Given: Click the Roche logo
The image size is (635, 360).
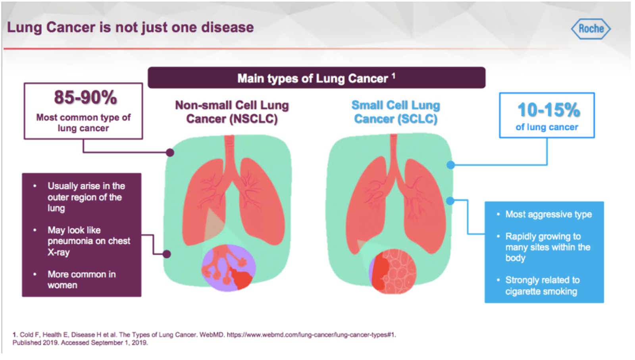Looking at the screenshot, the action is point(591,29).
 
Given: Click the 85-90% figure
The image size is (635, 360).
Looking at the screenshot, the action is point(85,97).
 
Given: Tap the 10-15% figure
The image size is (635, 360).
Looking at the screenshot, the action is point(549,110).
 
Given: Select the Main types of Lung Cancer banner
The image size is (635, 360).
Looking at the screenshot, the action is point(316,78).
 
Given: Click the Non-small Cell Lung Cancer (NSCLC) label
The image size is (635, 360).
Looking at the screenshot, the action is point(232,112).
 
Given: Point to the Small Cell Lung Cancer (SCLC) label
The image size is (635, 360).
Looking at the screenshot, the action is point(396,112).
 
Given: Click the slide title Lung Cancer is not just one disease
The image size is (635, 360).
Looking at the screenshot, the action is point(131,27).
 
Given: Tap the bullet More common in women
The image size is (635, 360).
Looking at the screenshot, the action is point(82,279).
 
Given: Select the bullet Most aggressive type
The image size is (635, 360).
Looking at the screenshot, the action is point(548,214).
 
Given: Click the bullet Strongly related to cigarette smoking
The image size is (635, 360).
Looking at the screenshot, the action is point(542,286).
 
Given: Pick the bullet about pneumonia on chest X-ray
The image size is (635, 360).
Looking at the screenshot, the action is point(89,241).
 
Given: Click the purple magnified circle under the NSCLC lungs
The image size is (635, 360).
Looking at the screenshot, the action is point(229,268).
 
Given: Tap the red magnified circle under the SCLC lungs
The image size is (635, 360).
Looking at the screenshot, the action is point(393,271).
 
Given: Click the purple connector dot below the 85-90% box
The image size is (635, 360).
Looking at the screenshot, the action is point(170,152).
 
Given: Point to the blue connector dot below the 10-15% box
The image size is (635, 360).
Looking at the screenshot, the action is point(451,165).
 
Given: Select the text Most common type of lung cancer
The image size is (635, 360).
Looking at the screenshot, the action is point(83,123).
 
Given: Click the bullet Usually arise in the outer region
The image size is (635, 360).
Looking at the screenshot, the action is point(86,197).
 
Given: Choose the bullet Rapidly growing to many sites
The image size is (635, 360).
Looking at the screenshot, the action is point(548,247).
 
